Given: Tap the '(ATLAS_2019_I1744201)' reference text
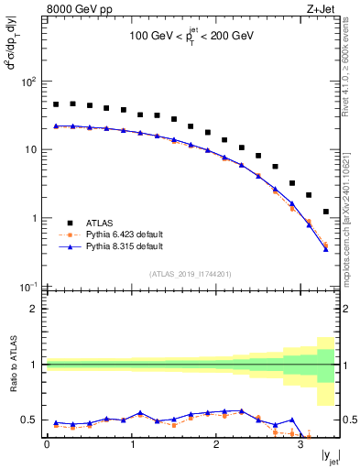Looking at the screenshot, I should [191, 274].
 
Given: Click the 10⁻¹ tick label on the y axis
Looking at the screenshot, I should [27, 287].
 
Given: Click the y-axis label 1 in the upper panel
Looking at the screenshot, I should [34, 218].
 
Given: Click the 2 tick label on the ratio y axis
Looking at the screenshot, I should [34, 309].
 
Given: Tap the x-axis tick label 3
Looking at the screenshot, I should [300, 446].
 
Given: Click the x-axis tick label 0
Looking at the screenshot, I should [47, 446].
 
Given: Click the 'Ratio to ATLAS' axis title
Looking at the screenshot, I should [12, 365].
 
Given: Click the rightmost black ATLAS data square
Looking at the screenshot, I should [326, 212].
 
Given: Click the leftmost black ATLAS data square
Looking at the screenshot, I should [56, 104].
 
